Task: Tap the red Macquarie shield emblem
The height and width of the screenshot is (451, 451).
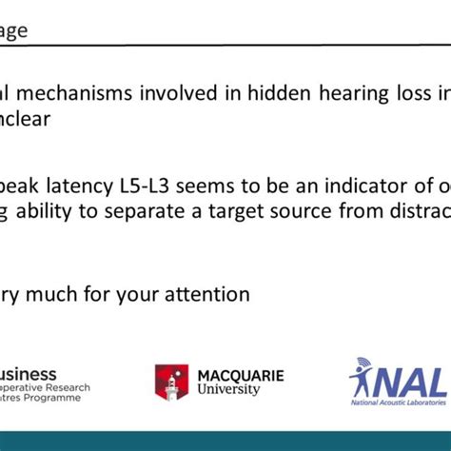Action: [172, 382]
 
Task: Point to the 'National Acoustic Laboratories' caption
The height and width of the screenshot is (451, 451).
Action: [400, 402]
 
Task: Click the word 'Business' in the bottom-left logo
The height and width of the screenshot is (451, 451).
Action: [29, 375]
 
